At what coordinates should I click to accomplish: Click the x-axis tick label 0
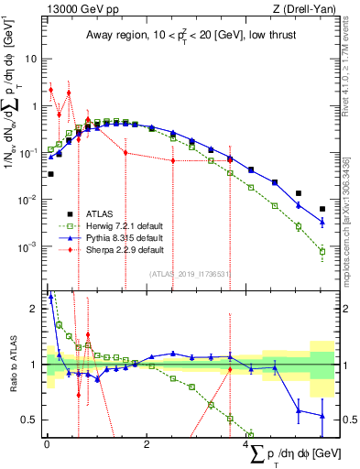(47, 444)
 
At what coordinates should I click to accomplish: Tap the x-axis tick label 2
(147, 444)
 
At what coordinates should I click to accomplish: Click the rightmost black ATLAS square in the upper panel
(322, 208)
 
